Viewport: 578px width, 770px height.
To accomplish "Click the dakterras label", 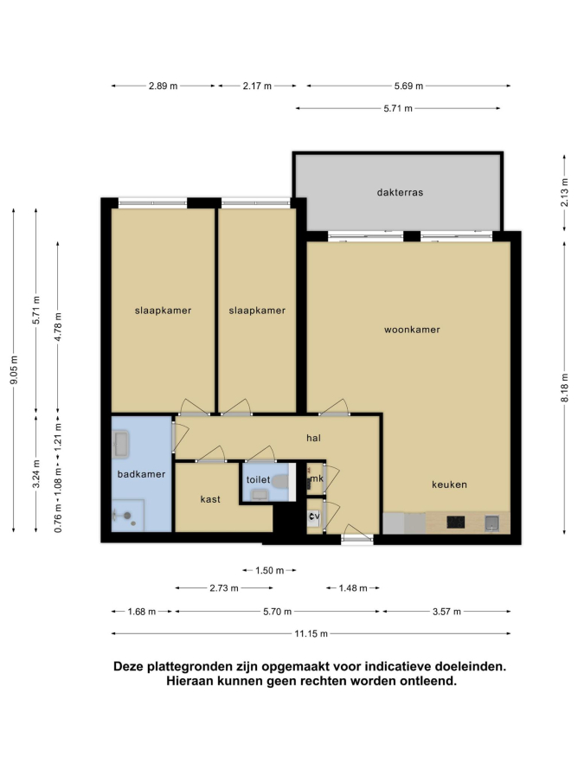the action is [400, 192].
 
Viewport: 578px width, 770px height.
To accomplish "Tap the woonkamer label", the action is [412, 330].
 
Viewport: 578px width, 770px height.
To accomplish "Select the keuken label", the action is [449, 484].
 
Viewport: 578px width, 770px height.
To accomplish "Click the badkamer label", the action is [141, 474].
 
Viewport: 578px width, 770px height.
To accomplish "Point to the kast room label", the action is [210, 499].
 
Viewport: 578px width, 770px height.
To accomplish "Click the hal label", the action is [313, 438].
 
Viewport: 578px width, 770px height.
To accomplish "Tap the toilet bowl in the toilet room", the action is [280, 481].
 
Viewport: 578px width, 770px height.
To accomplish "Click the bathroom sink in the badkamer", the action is [120, 445].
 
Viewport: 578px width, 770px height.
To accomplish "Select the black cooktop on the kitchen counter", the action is [456, 522].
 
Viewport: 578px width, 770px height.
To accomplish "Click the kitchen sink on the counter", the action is [491, 523].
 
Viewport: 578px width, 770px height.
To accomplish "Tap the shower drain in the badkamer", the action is [127, 516].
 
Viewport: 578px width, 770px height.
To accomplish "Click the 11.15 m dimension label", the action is [311, 633].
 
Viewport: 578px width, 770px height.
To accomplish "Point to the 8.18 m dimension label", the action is [565, 388].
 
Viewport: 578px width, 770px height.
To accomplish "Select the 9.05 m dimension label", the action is [14, 370].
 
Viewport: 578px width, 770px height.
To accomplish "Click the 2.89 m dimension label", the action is [163, 86].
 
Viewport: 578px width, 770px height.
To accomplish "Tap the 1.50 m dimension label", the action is [269, 570].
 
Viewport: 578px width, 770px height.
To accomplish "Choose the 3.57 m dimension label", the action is [446, 612].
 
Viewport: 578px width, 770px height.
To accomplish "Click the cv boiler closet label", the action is [314, 517].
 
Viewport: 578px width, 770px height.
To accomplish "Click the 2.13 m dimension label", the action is [565, 192].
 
